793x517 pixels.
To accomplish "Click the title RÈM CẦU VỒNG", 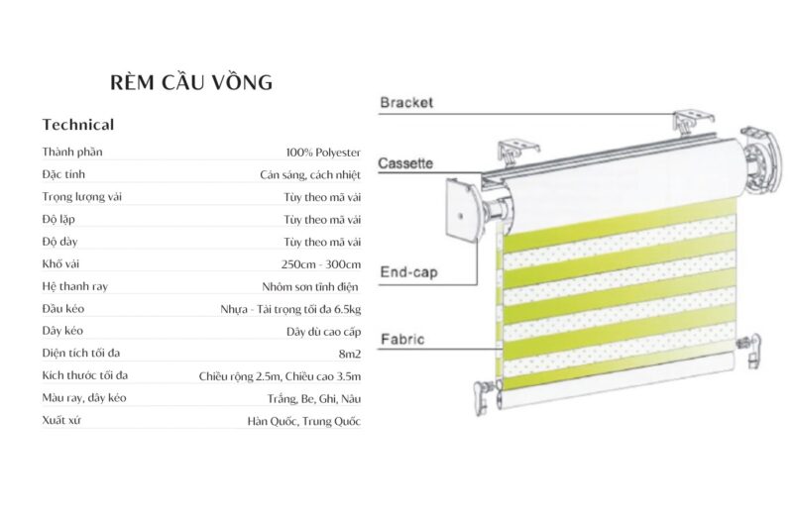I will pyautogui.click(x=191, y=81).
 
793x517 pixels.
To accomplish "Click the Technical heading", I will pyautogui.click(x=78, y=125).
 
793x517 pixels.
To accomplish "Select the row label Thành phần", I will pyautogui.click(x=72, y=153).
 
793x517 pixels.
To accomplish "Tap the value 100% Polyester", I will pyautogui.click(x=323, y=153).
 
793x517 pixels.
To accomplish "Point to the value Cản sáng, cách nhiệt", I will pyautogui.click(x=310, y=175).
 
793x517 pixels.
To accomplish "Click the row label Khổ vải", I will pyautogui.click(x=61, y=263).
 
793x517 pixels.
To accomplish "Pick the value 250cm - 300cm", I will pyautogui.click(x=321, y=263).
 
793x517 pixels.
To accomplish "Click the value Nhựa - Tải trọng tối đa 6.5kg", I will pyautogui.click(x=290, y=309).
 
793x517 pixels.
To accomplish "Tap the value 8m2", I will pyautogui.click(x=349, y=353).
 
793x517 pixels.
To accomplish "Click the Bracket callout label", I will pyautogui.click(x=406, y=102).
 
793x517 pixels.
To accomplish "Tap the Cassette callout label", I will pyautogui.click(x=405, y=163).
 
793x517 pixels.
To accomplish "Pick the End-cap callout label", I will pyautogui.click(x=408, y=270).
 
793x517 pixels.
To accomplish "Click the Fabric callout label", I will pyautogui.click(x=401, y=340).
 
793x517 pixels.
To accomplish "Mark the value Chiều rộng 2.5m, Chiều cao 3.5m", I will pyautogui.click(x=280, y=375).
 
